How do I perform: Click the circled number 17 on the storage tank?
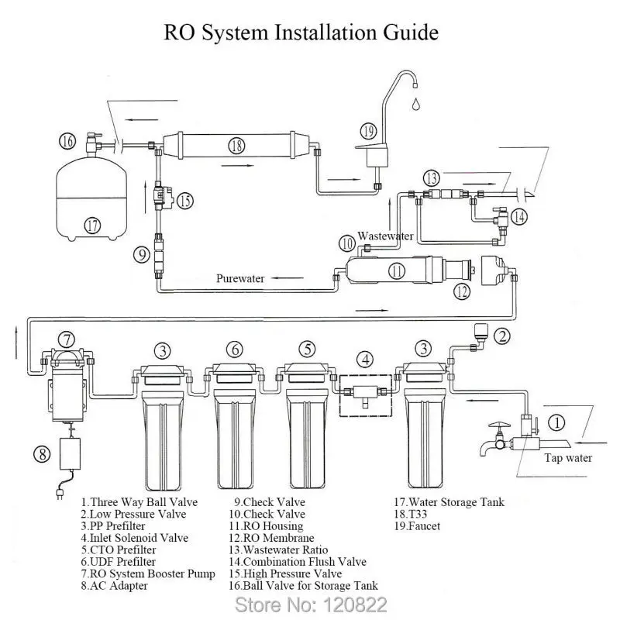pyautogui.click(x=92, y=226)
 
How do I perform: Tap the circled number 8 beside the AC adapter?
pyautogui.click(x=42, y=453)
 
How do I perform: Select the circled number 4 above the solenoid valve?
pyautogui.click(x=365, y=360)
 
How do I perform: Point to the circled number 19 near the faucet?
pyautogui.click(x=368, y=131)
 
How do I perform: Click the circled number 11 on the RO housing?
pyautogui.click(x=397, y=270)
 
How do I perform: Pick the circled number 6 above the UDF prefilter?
pyautogui.click(x=235, y=350)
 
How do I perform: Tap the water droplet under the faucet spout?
pyautogui.click(x=415, y=104)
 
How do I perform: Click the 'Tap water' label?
pyautogui.click(x=568, y=458)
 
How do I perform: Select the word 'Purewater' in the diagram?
pyautogui.click(x=240, y=278)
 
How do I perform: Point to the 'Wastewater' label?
pyautogui.click(x=385, y=236)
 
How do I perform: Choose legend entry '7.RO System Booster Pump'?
pyautogui.click(x=148, y=573)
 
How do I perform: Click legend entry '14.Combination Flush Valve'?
pyautogui.click(x=298, y=562)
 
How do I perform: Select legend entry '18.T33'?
pyautogui.click(x=411, y=514)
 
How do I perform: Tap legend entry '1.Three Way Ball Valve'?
pyautogui.click(x=139, y=502)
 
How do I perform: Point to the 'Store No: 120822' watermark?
pyautogui.click(x=311, y=604)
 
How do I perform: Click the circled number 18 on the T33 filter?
pyautogui.click(x=236, y=146)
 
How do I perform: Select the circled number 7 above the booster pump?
pyautogui.click(x=67, y=339)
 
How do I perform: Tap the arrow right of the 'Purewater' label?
pyautogui.click(x=287, y=278)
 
